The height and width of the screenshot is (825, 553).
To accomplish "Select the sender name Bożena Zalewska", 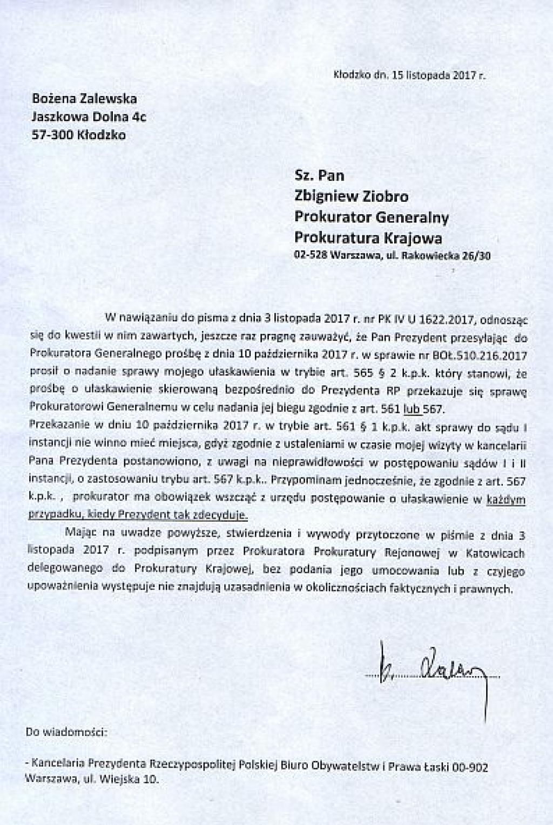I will click(85, 99).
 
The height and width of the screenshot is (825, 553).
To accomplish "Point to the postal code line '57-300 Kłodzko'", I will click(79, 135).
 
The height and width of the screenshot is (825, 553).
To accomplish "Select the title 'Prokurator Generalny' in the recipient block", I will click(372, 217).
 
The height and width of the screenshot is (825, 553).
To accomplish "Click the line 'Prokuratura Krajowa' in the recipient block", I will click(368, 237).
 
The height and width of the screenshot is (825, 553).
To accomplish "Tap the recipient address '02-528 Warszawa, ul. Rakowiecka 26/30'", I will click(392, 257).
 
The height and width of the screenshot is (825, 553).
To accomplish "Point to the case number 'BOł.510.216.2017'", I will click(476, 356).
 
